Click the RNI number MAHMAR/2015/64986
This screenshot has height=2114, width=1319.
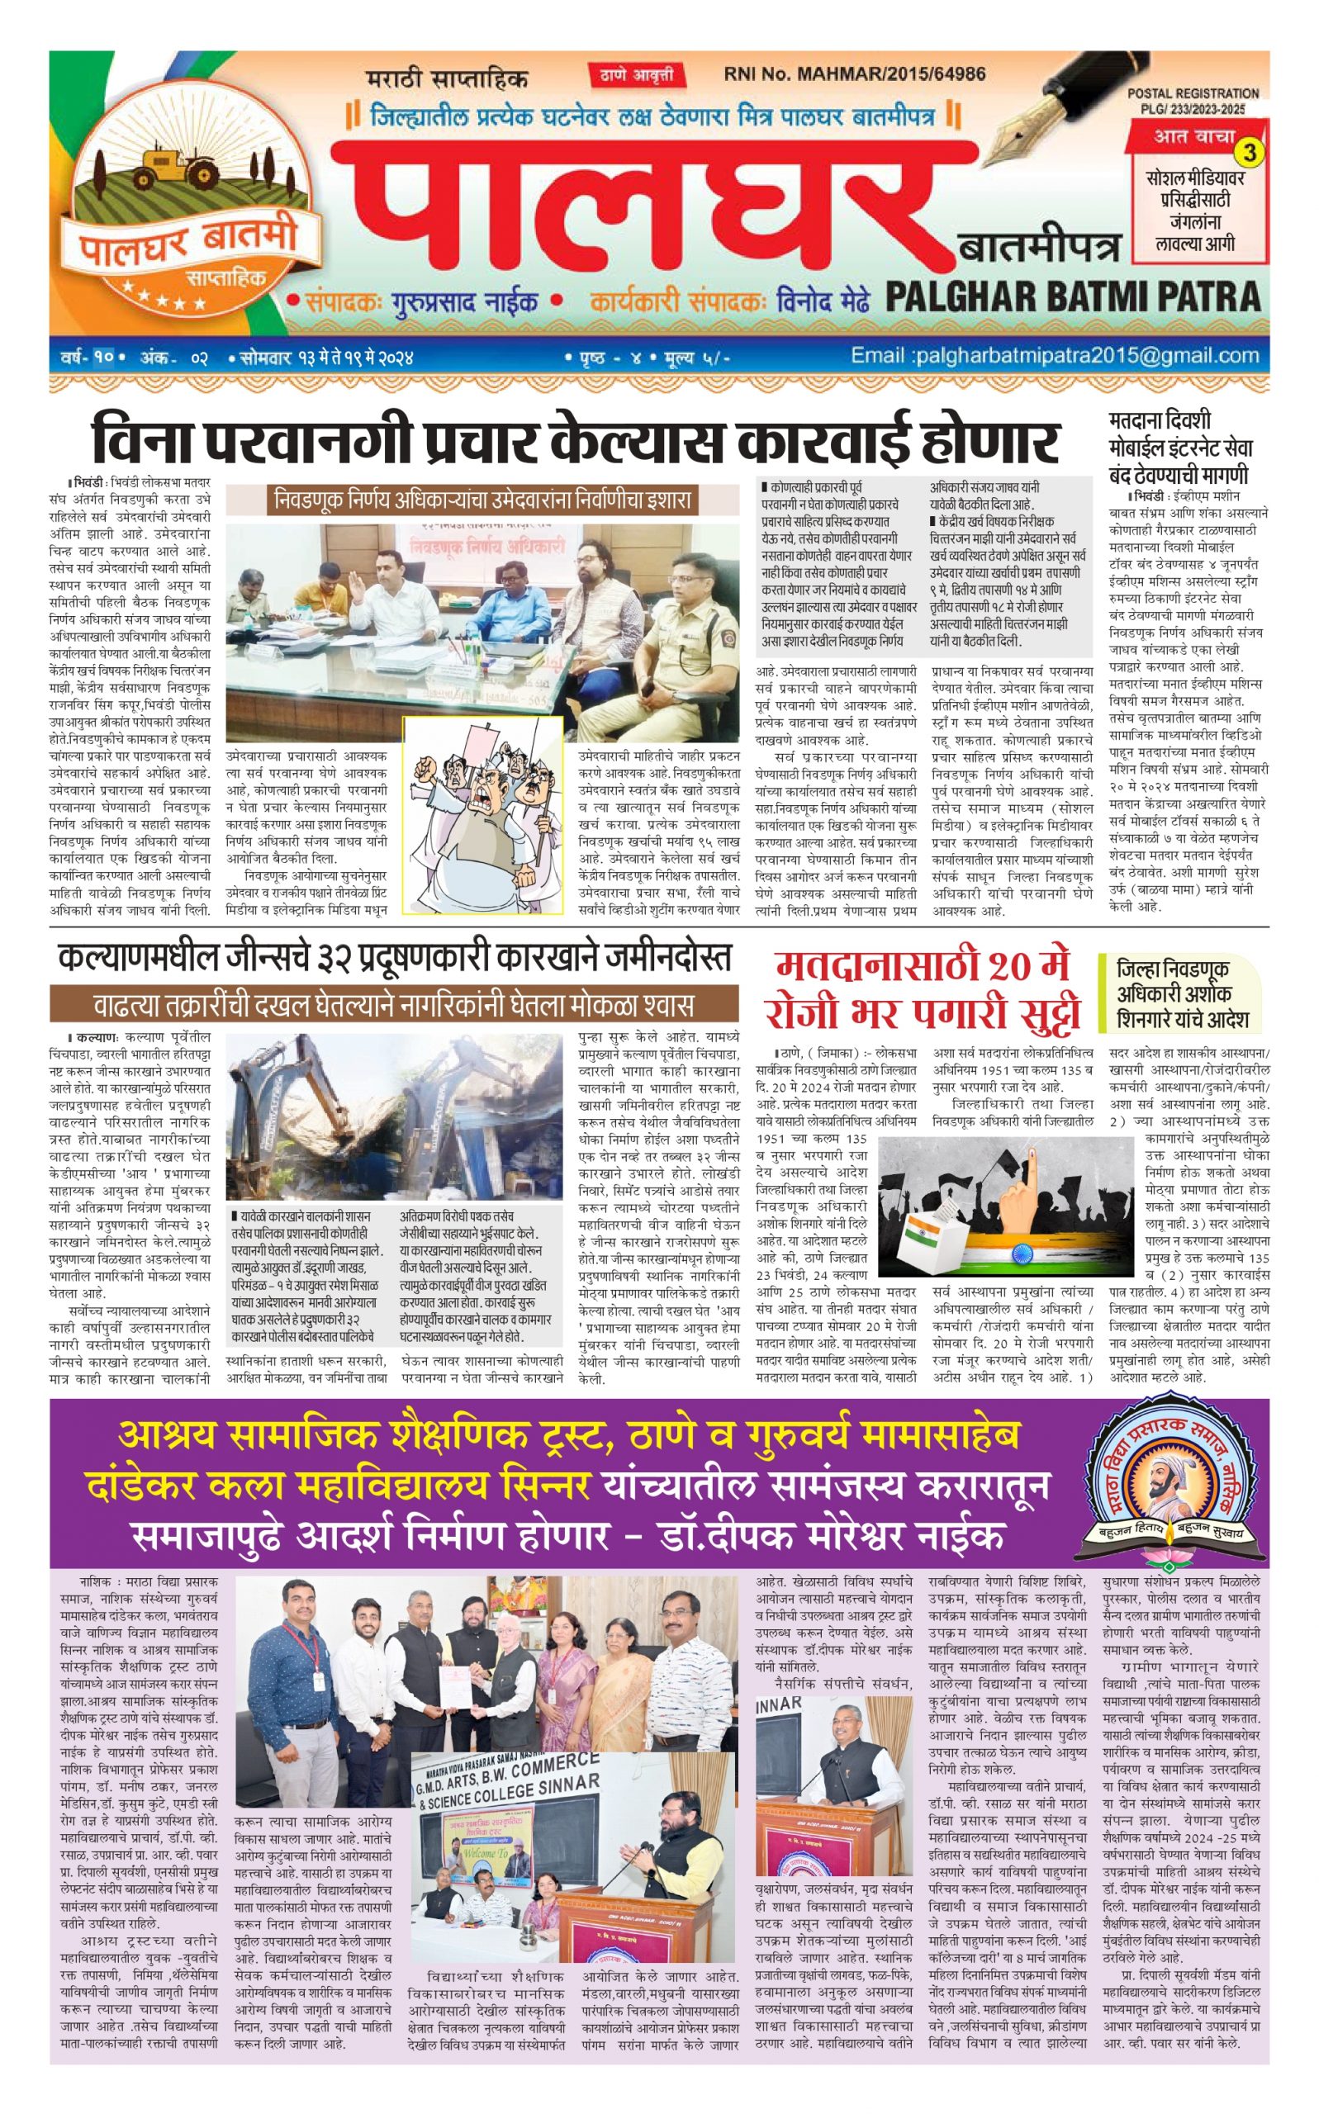click(855, 74)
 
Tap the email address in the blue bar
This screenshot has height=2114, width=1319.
click(1055, 356)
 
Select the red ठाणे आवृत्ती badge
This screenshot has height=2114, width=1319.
click(637, 76)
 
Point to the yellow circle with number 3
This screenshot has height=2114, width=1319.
click(1251, 154)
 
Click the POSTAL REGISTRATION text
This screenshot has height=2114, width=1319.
click(1193, 93)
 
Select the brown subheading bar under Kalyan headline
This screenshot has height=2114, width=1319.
click(393, 1006)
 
